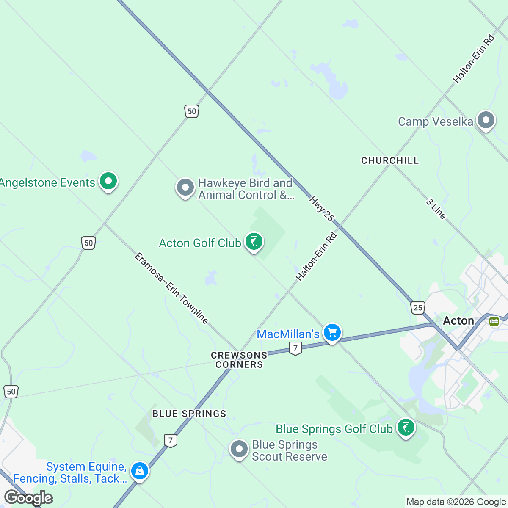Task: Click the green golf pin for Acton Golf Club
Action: tap(254, 242)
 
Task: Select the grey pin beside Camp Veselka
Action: tap(486, 120)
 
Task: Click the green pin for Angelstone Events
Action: tap(108, 182)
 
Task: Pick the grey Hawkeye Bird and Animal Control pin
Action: tap(185, 188)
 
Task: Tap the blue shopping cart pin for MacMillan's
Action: tap(332, 333)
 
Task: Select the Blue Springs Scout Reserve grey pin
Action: tap(239, 449)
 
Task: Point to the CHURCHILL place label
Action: tap(390, 160)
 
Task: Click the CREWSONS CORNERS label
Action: tap(239, 360)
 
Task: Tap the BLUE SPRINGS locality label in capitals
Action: tap(189, 414)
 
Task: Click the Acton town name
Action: tap(458, 321)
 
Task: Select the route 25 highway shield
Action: tap(418, 307)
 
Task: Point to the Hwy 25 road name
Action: tap(322, 209)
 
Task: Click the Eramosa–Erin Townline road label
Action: tap(171, 288)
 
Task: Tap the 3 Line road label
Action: tap(436, 209)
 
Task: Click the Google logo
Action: tap(28, 498)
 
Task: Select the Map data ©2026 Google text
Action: tap(456, 502)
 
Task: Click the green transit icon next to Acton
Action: tap(494, 321)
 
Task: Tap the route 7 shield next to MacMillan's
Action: tap(295, 348)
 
